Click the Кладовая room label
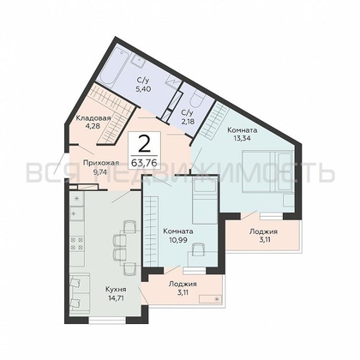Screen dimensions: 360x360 93,118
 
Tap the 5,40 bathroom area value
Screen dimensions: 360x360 143,88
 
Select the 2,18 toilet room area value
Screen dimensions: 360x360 188,122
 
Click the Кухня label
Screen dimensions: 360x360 116,290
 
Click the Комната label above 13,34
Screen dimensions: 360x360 242,130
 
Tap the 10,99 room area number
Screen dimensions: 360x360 177,240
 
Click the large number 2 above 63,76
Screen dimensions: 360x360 144,144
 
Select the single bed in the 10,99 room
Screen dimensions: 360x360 205,202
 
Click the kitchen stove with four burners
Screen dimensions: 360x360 76,243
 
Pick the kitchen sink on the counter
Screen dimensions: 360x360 76,213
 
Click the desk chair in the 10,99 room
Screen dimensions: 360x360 198,249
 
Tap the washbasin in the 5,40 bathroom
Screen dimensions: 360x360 140,60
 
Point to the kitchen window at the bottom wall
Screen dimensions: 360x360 107,321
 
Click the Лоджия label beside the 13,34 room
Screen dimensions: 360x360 263,231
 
